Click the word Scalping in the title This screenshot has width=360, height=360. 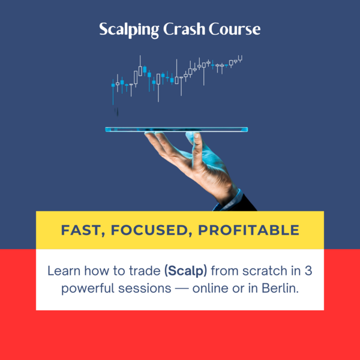click(129, 30)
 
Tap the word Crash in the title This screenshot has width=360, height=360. click(184, 29)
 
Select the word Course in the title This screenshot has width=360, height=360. click(235, 29)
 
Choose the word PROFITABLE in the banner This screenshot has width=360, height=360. click(249, 230)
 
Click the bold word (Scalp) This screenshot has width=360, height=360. click(186, 271)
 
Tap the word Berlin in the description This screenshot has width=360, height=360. click(280, 288)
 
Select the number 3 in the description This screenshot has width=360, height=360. click(308, 271)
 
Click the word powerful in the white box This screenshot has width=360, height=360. click(88, 289)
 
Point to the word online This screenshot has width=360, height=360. click(211, 288)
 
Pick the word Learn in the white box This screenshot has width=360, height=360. click(64, 271)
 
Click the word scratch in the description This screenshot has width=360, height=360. click(265, 271)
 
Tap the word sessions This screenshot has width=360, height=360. click(145, 289)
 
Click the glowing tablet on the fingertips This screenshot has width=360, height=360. click(176, 130)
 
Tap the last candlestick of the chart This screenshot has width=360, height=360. click(240, 59)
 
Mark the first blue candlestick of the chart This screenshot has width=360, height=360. click(113, 92)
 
